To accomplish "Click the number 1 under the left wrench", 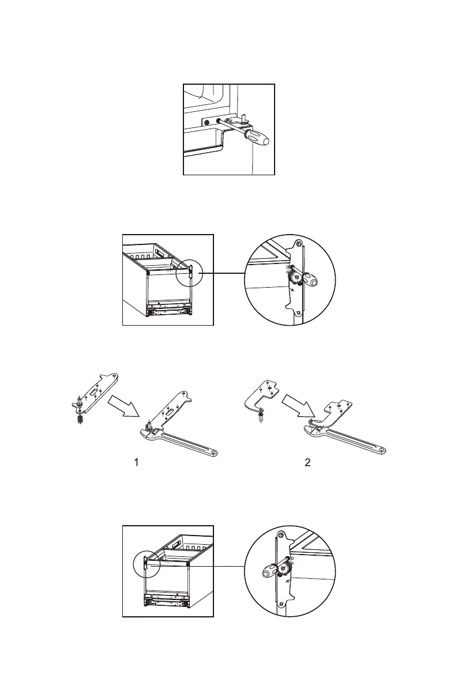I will coord(136,462).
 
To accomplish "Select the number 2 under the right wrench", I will coord(308,462).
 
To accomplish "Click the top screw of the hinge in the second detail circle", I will coord(298,245).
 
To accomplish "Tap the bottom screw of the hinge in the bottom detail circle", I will coord(280,604).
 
